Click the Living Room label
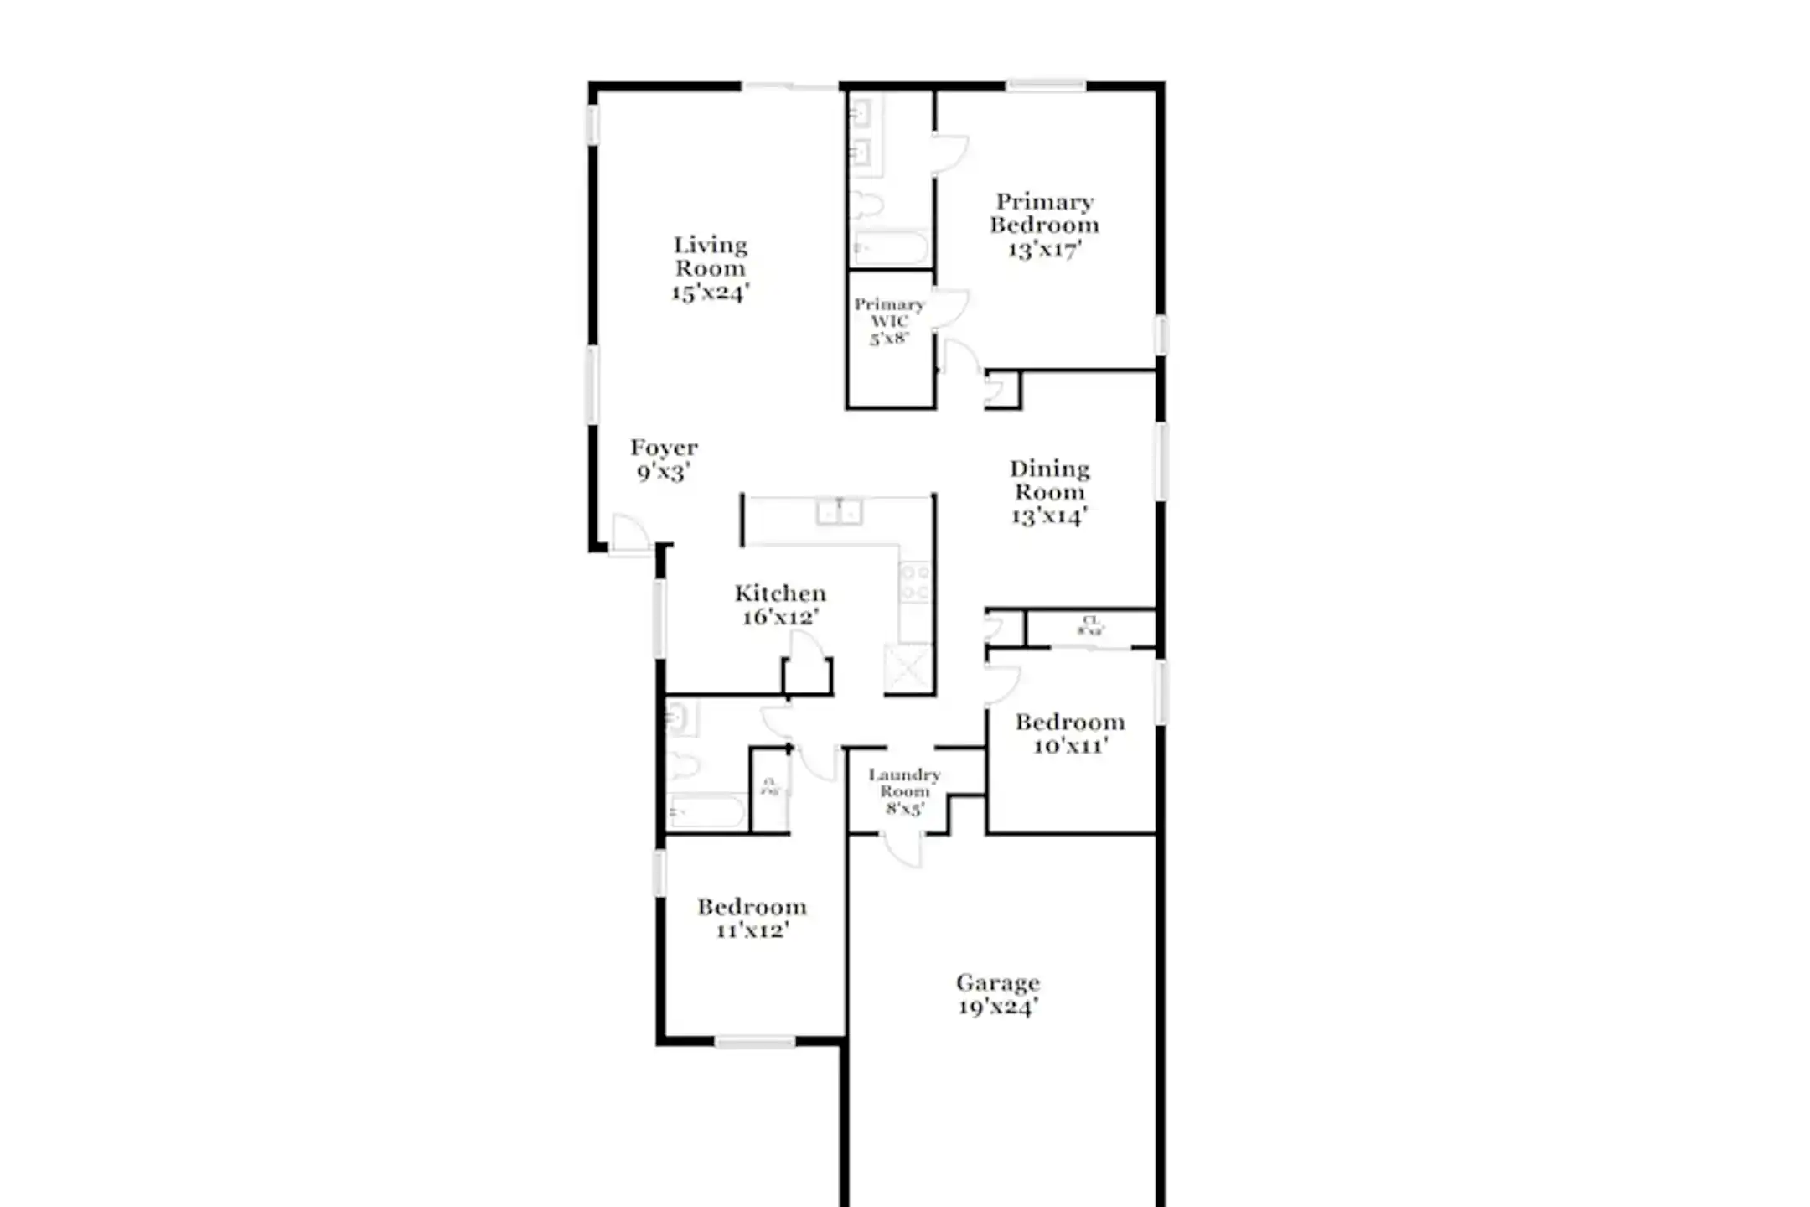(710, 268)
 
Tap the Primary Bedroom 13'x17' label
(1044, 225)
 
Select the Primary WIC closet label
(889, 321)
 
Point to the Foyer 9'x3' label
(664, 459)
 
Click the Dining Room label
(1049, 492)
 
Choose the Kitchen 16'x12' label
(780, 604)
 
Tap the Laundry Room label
(904, 791)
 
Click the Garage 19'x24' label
(998, 994)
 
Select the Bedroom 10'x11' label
(1070, 733)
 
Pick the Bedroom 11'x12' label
(752, 918)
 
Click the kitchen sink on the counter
(839, 511)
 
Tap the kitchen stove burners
(915, 582)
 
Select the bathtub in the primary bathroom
(889, 248)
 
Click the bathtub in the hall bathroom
(706, 811)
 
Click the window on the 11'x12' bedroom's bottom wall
(754, 1042)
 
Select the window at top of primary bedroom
(1045, 85)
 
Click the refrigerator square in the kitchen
(908, 669)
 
